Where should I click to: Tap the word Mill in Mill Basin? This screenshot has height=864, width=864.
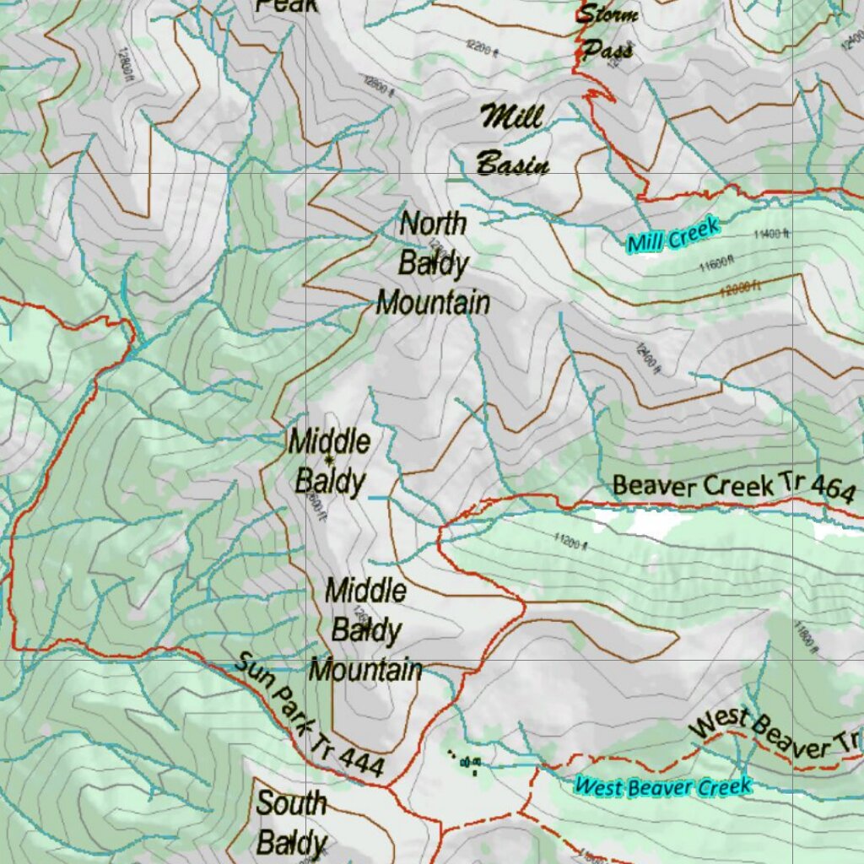click(x=510, y=116)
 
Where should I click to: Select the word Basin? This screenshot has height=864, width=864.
click(x=512, y=164)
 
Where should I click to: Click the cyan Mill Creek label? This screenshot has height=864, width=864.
click(x=673, y=235)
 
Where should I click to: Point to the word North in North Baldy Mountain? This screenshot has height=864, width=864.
click(x=433, y=224)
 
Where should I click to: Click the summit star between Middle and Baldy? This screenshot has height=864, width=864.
click(x=329, y=458)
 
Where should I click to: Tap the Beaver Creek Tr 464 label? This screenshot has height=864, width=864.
click(x=732, y=486)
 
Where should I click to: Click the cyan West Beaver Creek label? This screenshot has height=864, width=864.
click(x=662, y=786)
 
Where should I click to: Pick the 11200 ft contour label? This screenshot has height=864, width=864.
click(x=570, y=540)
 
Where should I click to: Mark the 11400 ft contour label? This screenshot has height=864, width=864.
click(x=772, y=234)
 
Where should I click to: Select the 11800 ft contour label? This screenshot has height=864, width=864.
click(x=805, y=636)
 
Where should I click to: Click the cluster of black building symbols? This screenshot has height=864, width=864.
click(x=467, y=763)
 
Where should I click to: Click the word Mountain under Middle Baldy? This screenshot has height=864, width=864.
click(x=365, y=671)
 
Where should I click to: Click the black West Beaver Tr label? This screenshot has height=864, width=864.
click(x=775, y=733)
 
